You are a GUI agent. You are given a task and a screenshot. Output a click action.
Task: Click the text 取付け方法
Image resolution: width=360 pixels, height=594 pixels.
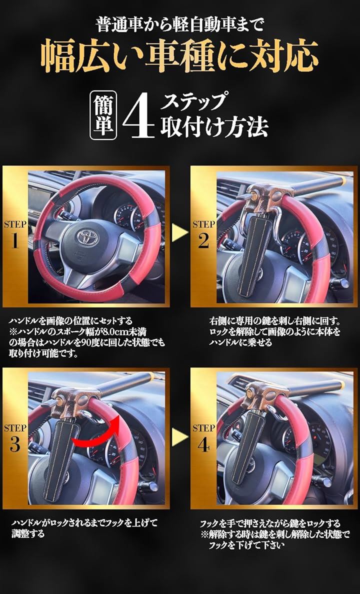pyautogui.click(x=214, y=127)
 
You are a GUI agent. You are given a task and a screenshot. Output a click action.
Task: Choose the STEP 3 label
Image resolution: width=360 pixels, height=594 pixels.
pyautogui.click(x=15, y=437)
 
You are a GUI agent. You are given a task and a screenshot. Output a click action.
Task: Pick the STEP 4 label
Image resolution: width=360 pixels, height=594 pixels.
pyautogui.click(x=203, y=437)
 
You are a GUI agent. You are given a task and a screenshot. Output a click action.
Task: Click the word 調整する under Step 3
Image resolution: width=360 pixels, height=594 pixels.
pyautogui.click(x=27, y=534)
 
